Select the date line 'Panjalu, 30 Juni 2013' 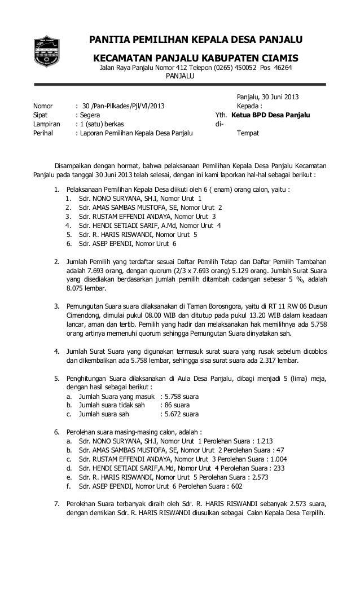click(273, 97)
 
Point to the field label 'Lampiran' click(47, 124)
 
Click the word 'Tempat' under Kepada click(249, 134)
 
